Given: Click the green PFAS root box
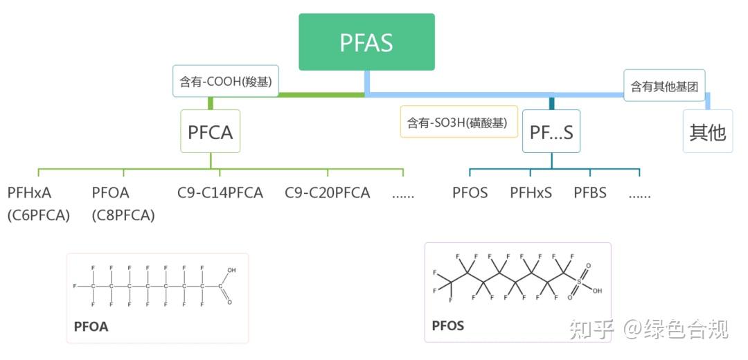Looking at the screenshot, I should pos(366,42).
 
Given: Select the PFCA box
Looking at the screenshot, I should pos(211,132).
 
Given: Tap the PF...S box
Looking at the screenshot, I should pos(551,132).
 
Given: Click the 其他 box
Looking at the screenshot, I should pos(706,132).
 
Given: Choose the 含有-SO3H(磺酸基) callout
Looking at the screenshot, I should pos(458,122).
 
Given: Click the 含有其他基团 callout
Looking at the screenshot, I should pos(664,86).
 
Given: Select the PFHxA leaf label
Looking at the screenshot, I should pos(30,192).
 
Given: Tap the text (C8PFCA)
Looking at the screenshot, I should pos(123,215).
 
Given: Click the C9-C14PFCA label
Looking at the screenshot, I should pos(220,192).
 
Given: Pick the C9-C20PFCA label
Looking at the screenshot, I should pos(328,192).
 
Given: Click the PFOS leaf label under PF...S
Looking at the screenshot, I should pos(470,192).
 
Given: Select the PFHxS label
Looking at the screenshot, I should pos(531,192).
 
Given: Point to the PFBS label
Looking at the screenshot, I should pos(590,192).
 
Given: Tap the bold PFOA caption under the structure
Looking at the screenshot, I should pos(91,327).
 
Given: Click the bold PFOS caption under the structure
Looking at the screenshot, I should pos(448,325).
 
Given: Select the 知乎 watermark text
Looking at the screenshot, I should pos(591,329).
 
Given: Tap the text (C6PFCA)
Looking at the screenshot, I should pos(39,215).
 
